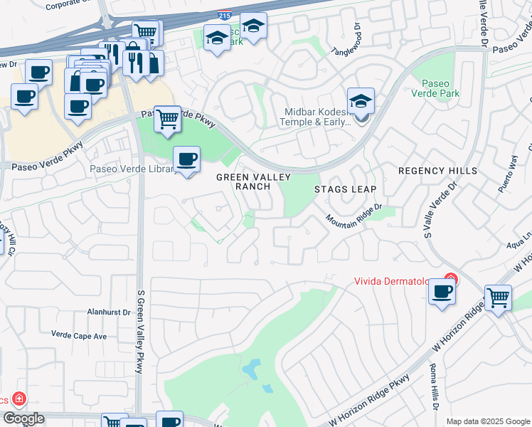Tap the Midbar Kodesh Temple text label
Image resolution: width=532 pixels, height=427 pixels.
click(318, 117)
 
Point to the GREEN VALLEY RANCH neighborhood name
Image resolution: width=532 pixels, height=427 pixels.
click(243, 181)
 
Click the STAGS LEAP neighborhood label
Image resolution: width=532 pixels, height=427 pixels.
click(345, 190)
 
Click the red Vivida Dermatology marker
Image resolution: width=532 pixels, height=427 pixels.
click(449, 280)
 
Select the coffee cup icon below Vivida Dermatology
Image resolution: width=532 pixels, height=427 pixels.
click(442, 292)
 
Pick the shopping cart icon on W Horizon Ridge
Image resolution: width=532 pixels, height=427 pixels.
click(498, 297)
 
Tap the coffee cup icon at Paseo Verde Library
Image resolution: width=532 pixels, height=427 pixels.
click(186, 159)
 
